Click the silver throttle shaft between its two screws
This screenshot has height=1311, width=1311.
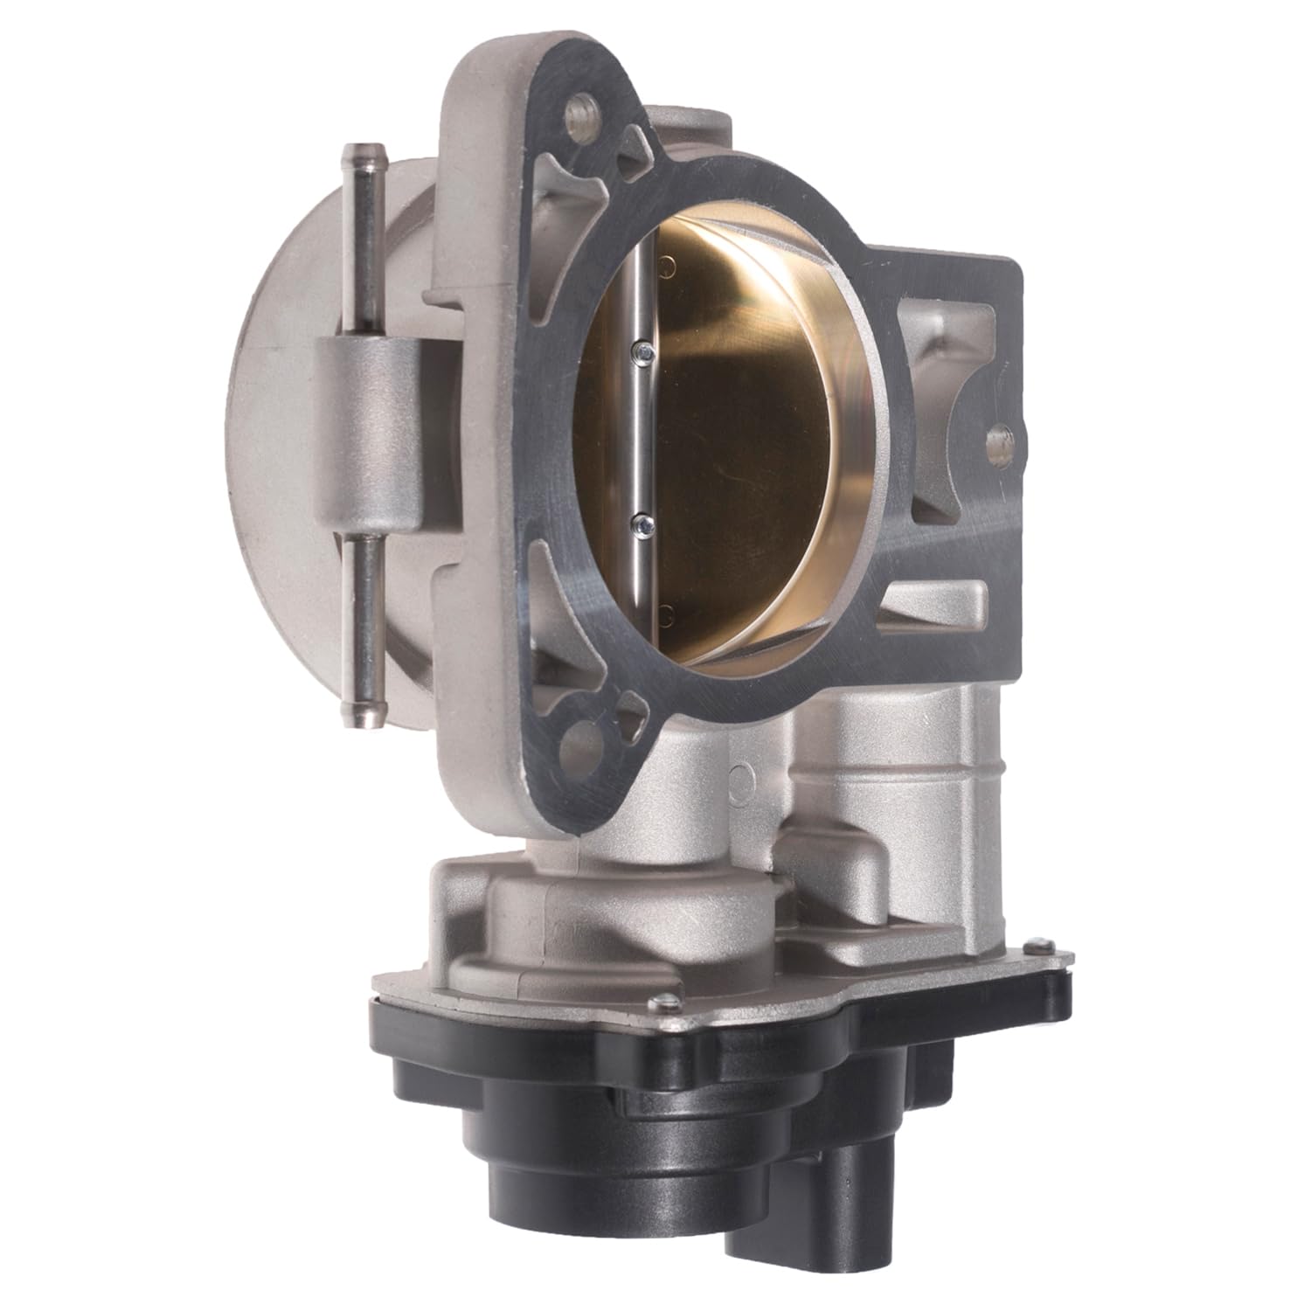(643, 437)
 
